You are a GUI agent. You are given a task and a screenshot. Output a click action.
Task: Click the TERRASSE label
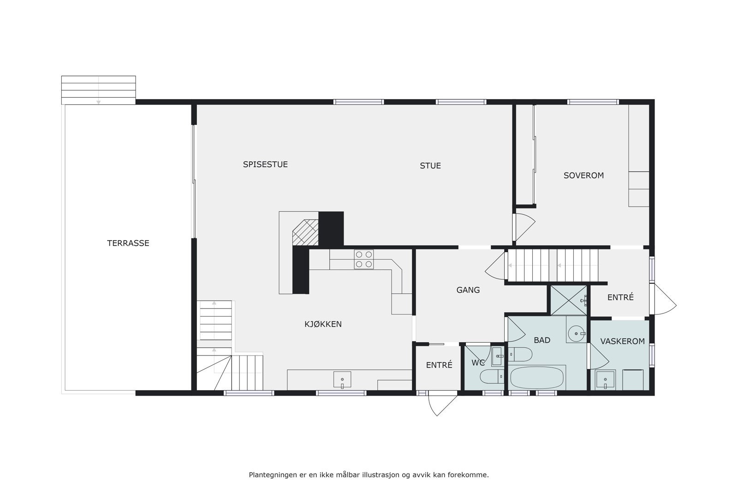pyautogui.click(x=128, y=243)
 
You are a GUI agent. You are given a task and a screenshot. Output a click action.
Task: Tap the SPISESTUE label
pyautogui.click(x=265, y=164)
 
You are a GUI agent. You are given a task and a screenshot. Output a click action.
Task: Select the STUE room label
pyautogui.click(x=430, y=166)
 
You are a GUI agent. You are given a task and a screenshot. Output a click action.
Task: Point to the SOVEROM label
pyautogui.click(x=583, y=175)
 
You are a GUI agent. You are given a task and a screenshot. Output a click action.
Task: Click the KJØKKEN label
pyautogui.click(x=323, y=324)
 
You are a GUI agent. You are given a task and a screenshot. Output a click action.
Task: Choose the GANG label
pyautogui.click(x=468, y=290)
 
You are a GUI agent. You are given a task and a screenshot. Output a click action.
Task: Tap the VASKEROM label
pyautogui.click(x=622, y=341)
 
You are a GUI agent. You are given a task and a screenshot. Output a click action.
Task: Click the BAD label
pyautogui.click(x=542, y=340)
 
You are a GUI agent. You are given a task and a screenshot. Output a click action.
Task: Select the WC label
pyautogui.click(x=478, y=363)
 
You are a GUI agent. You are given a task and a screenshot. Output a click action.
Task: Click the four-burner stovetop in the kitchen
pyautogui.click(x=363, y=259)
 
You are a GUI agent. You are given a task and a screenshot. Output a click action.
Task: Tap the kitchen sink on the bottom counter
pyautogui.click(x=342, y=379)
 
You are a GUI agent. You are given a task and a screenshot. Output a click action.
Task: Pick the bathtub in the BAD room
pyautogui.click(x=537, y=378)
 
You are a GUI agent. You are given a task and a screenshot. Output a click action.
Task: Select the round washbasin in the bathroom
pyautogui.click(x=576, y=333)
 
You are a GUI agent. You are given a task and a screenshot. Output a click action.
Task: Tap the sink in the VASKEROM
pyautogui.click(x=605, y=379)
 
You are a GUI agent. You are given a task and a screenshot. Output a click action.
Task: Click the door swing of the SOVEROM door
pyautogui.click(x=525, y=226)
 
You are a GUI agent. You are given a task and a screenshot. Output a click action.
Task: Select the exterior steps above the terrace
pyautogui.click(x=98, y=90)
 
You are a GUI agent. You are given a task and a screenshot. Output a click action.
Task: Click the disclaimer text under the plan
pyautogui.click(x=369, y=474)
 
